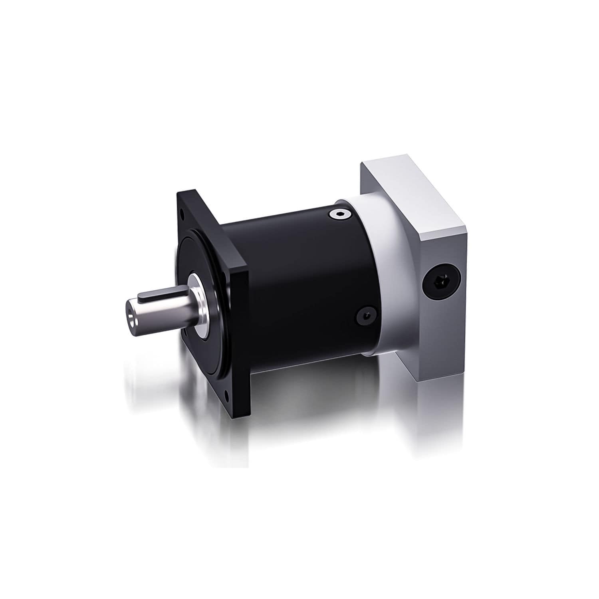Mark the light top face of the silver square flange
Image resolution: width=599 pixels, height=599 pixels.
(411, 200)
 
